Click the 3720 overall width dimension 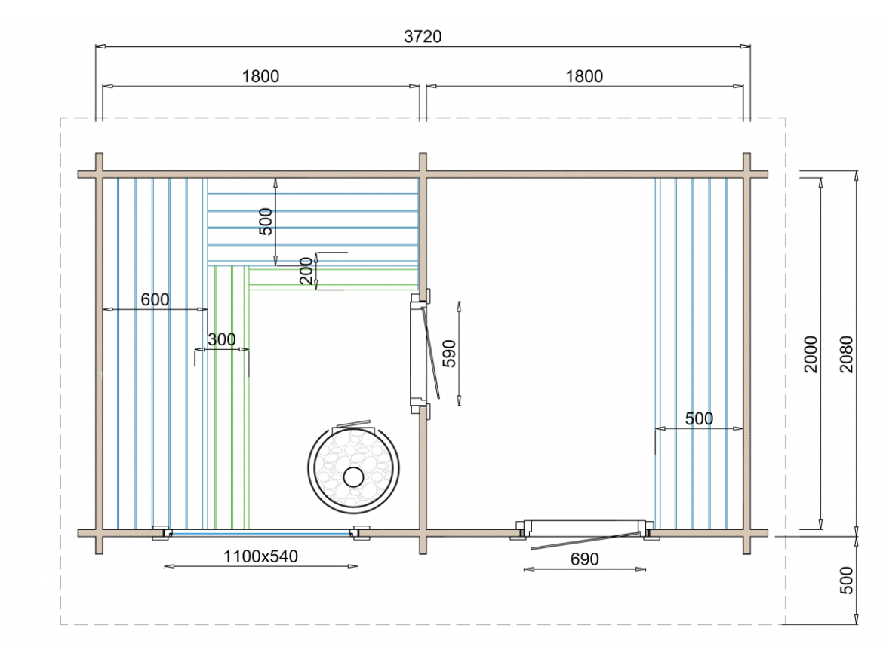pos(423,36)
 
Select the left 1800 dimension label pos(260,76)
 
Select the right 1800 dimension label pos(584,76)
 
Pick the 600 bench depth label pos(155,299)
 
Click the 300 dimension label pos(221,340)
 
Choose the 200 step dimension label pos(306,271)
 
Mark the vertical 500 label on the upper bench pos(266,221)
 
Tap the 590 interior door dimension pos(449,353)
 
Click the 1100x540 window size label pos(260,556)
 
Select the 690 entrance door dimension pos(584,559)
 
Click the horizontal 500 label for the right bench pos(698,419)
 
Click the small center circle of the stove pos(352,477)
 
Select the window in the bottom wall pos(260,533)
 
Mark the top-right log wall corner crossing pos(746,174)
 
